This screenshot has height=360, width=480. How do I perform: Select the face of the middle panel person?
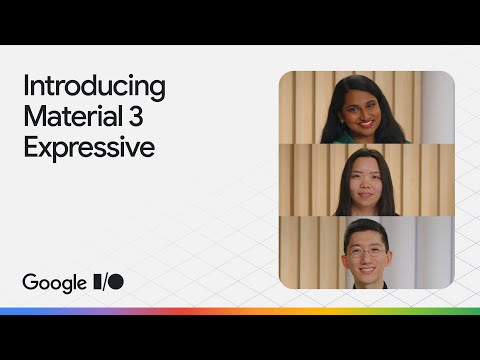[x=365, y=176]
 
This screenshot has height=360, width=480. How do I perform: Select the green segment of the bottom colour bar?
[x=440, y=311]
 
